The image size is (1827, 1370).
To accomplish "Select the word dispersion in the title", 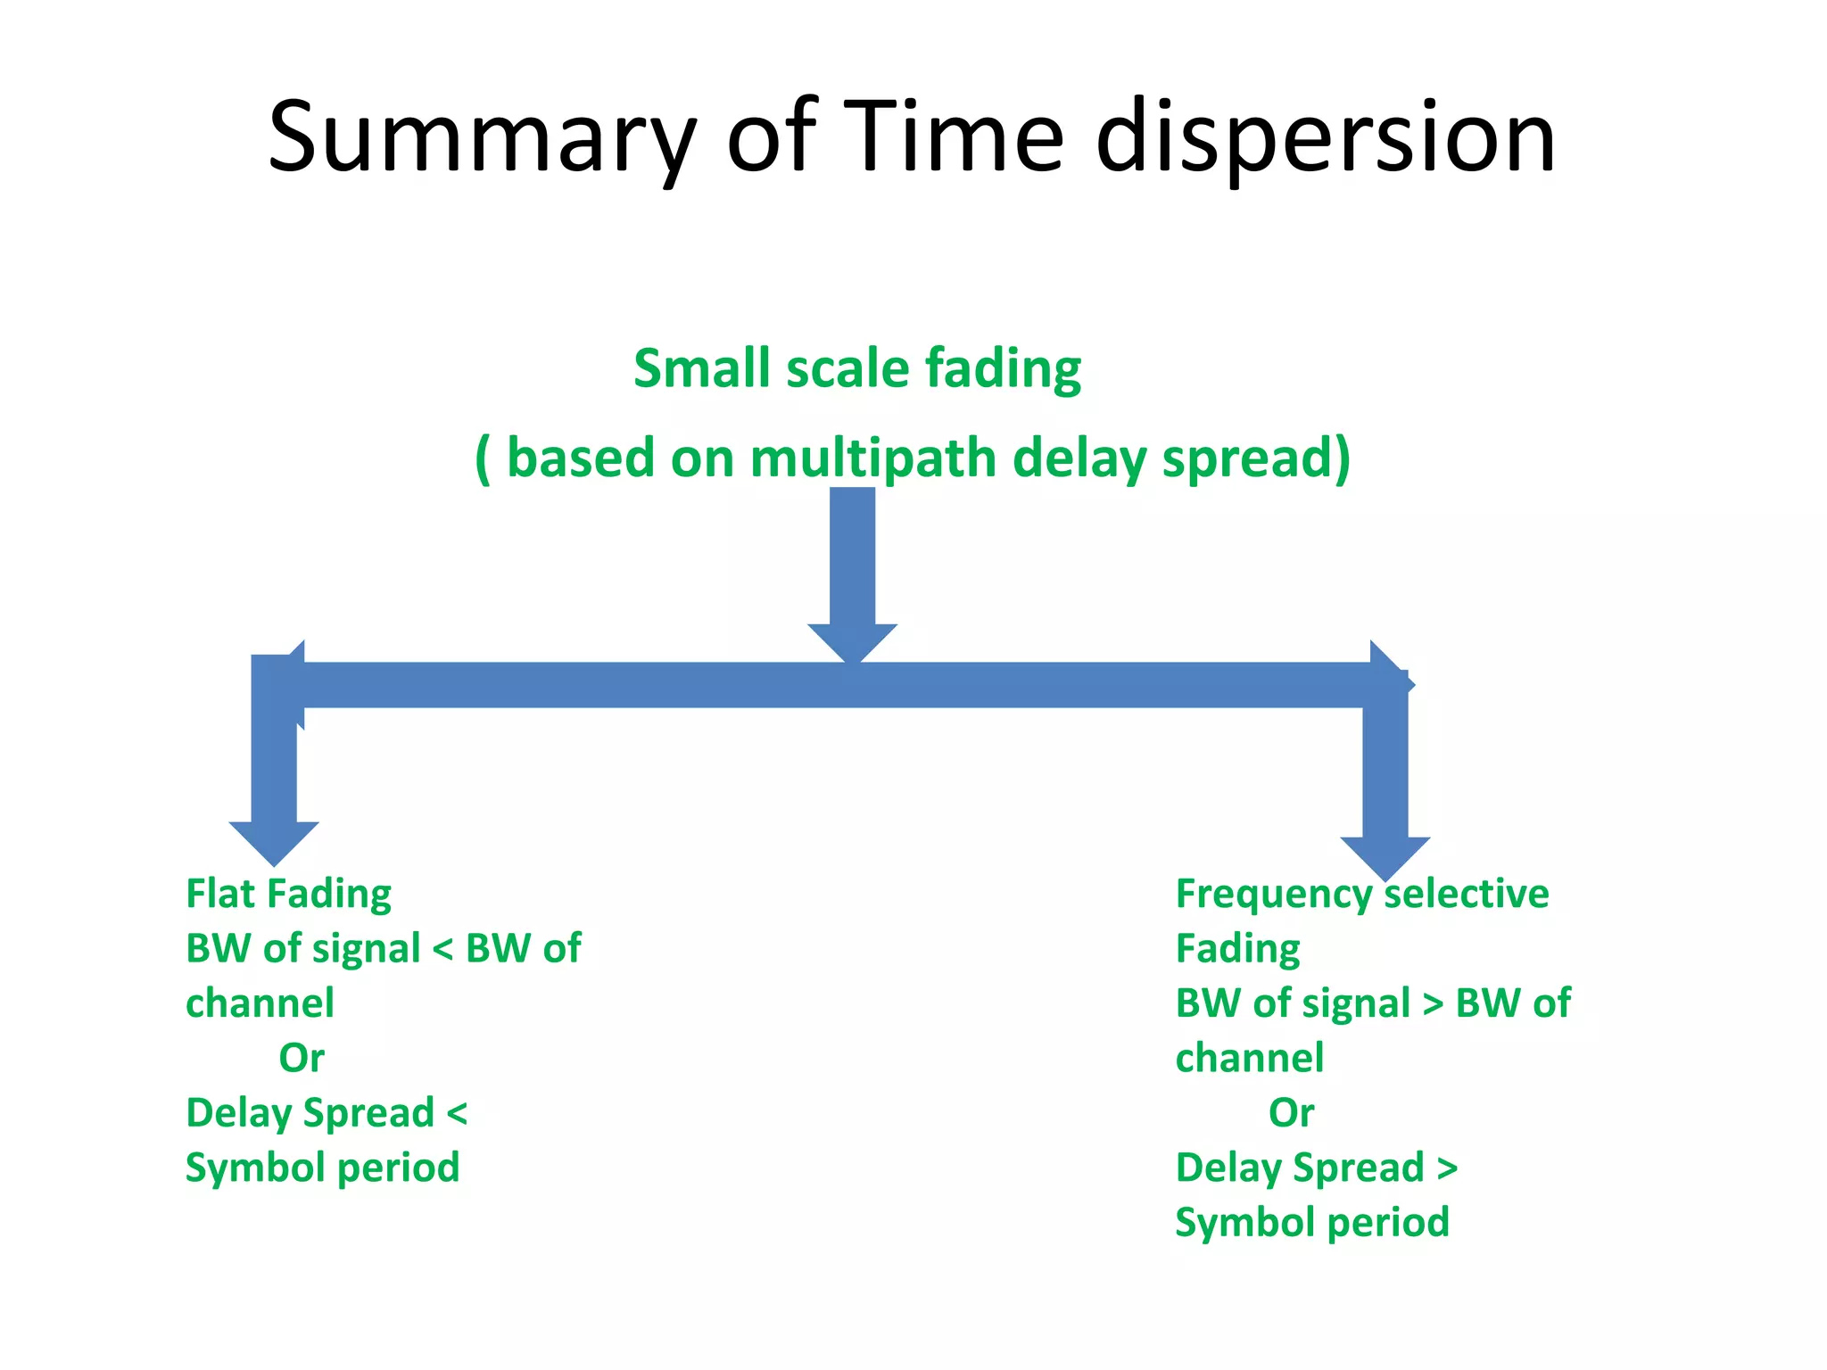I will [x=1326, y=138].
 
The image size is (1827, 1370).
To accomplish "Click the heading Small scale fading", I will [x=857, y=368].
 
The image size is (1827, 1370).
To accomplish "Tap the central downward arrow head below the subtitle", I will [x=852, y=642].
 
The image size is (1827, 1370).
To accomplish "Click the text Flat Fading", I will [x=288, y=894].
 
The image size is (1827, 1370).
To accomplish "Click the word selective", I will [x=1467, y=894].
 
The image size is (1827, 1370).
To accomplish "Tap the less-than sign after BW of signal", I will [x=442, y=949].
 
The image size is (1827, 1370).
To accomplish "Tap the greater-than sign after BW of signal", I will [x=1433, y=1004].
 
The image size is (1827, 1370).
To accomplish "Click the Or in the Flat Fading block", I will [x=302, y=1059].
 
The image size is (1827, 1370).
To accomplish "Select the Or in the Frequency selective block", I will [x=1291, y=1113].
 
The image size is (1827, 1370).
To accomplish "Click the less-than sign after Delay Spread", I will [x=457, y=1113].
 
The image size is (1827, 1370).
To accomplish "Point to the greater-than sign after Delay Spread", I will [x=1447, y=1168].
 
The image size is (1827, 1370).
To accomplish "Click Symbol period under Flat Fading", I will [x=322, y=1168].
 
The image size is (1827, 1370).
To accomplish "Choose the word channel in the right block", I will [x=1249, y=1059].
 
